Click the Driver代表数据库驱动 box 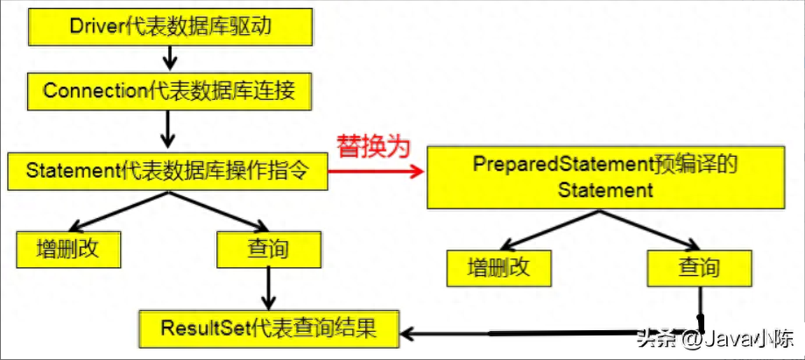pos(170,27)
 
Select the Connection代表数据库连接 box pos(170,89)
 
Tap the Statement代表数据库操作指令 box pos(166,170)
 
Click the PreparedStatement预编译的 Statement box pos(605,177)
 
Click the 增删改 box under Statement pos(67,249)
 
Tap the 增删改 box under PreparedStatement pos(499,267)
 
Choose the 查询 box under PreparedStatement pos(698,267)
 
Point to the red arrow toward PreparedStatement pos(377,172)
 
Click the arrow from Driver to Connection pos(170,59)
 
